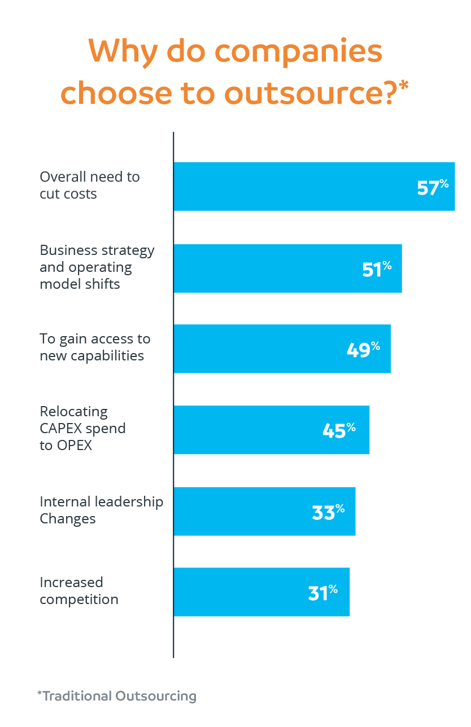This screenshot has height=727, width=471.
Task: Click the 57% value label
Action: click(433, 187)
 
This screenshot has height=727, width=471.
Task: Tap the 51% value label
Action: click(377, 269)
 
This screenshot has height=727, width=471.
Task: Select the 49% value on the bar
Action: click(363, 349)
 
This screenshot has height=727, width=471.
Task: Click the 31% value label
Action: click(322, 592)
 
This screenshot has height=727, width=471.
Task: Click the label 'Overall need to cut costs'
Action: click(89, 185)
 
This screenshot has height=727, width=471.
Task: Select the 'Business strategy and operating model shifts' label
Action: click(97, 267)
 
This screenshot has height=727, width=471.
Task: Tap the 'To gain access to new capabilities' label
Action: click(95, 347)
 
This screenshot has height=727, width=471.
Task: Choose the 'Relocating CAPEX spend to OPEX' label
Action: click(82, 428)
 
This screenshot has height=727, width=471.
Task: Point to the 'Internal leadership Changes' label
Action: click(101, 510)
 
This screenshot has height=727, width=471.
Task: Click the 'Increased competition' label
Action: click(79, 591)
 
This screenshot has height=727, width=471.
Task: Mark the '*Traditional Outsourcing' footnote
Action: click(117, 696)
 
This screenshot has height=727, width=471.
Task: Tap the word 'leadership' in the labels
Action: click(129, 501)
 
